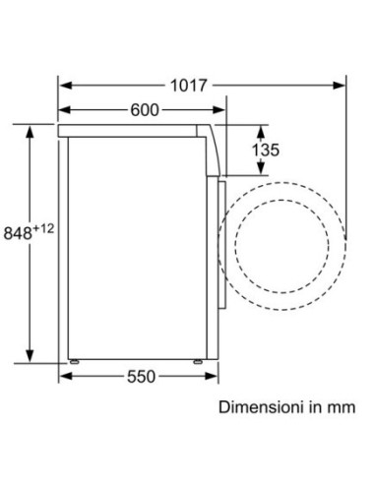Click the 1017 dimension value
pos(189,86)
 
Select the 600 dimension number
pos(145,110)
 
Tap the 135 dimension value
pos(265,150)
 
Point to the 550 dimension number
pos(141,377)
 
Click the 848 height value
pos(18,233)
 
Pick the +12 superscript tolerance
pos(43,228)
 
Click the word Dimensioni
pos(260,407)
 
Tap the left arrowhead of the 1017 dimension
pos(66,86)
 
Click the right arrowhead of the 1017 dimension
pos(339,86)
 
